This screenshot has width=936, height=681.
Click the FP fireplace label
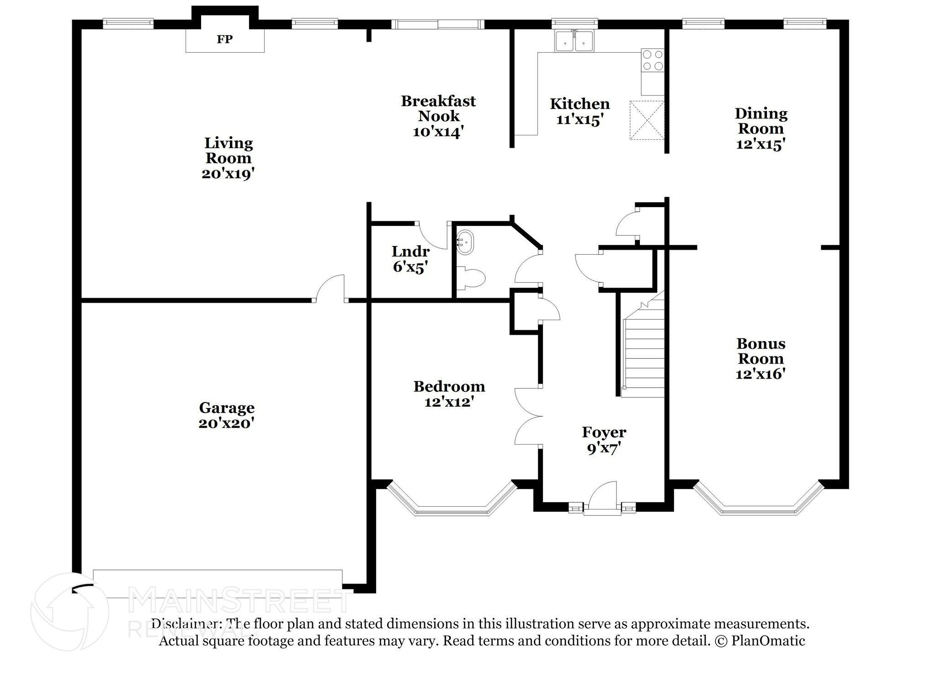coord(224,39)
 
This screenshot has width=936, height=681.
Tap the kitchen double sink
coord(574,41)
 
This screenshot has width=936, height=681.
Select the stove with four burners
coord(653,60)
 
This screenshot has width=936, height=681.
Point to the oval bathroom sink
coord(465,241)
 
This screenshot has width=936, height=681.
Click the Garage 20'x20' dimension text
coord(226,424)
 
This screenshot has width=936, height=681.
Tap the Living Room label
coord(228,150)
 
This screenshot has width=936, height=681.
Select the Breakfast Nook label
coord(438,108)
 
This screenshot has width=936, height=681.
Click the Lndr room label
coord(410,252)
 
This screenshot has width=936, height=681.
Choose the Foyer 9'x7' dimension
coord(604,449)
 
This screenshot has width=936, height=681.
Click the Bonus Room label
coord(760,351)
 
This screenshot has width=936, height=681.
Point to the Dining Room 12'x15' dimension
coord(760,144)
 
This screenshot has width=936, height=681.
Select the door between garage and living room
coord(330,288)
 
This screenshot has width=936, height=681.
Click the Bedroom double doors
coord(528,416)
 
